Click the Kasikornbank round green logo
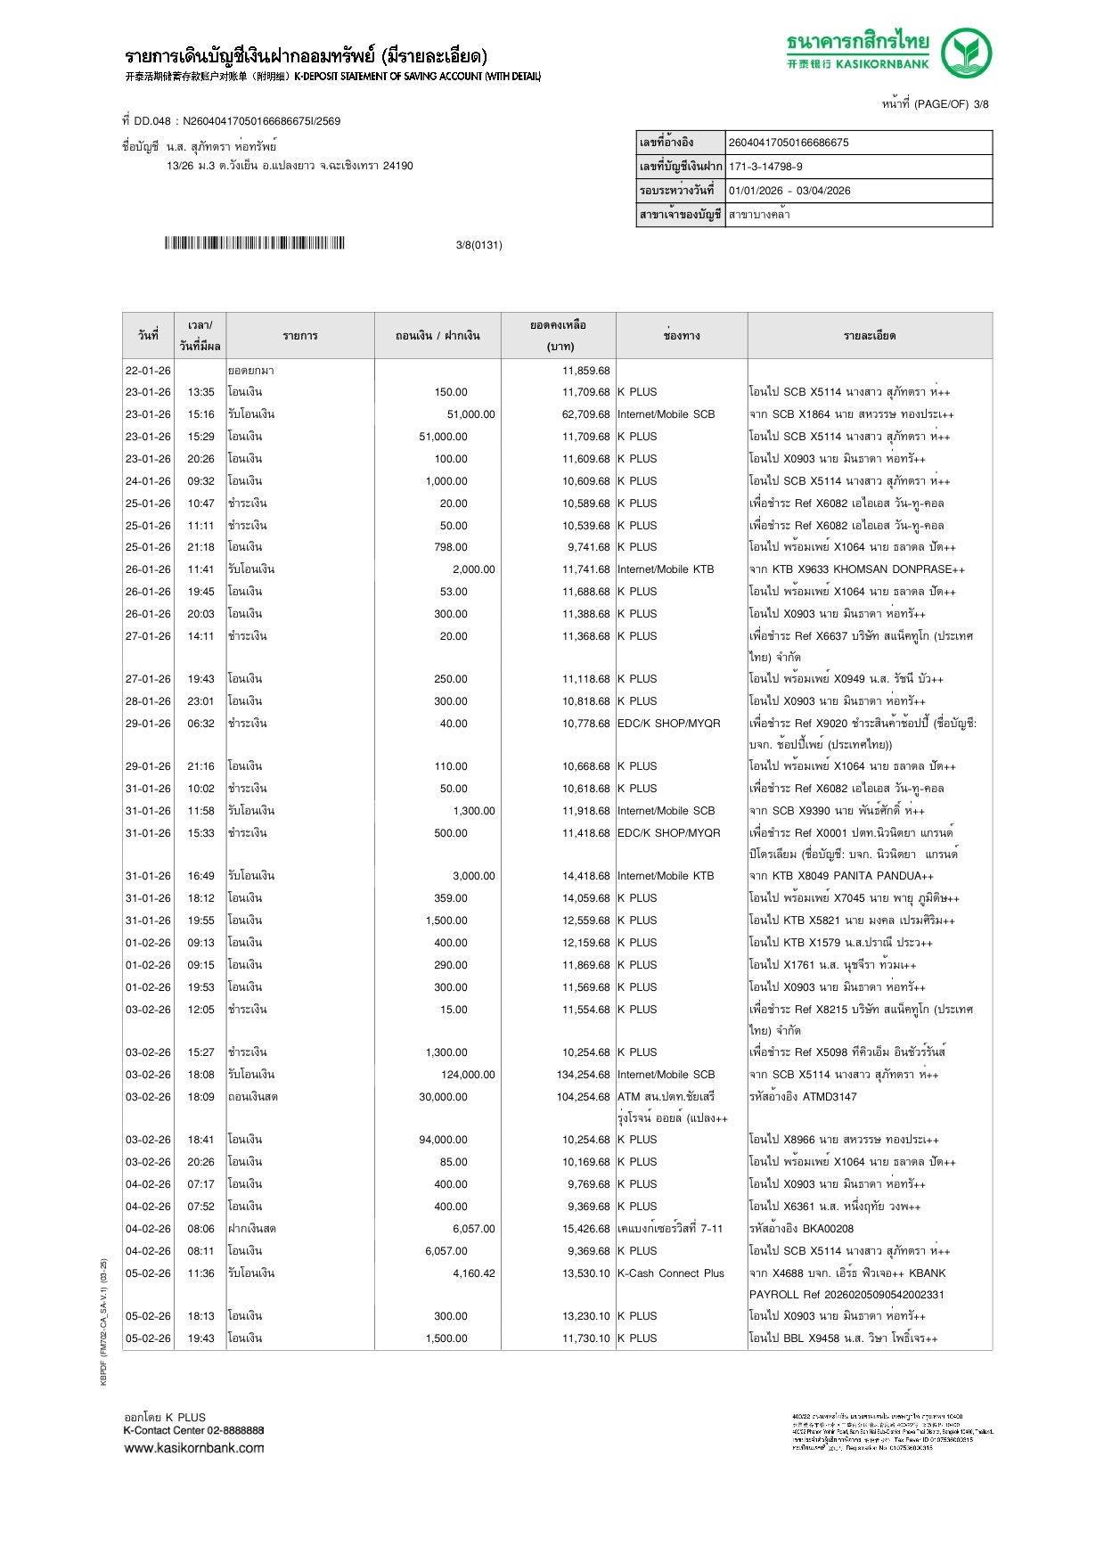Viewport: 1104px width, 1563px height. click(x=967, y=53)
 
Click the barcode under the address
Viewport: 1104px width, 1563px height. click(x=254, y=243)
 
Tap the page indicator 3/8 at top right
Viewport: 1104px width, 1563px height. click(x=980, y=104)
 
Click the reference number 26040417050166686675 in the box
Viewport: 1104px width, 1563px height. click(x=789, y=143)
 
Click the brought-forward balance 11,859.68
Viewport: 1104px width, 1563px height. click(x=585, y=371)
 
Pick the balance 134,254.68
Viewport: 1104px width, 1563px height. click(x=583, y=1075)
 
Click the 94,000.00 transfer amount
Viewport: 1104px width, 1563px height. click(x=443, y=1140)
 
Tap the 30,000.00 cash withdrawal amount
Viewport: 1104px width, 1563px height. click(x=443, y=1097)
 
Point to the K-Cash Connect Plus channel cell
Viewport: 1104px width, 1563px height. click(x=670, y=1273)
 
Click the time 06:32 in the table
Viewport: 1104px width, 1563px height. click(x=200, y=724)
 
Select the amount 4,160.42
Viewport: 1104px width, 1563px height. click(x=473, y=1273)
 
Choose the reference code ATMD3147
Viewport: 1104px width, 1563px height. click(x=830, y=1097)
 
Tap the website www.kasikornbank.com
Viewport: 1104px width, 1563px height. click(x=193, y=1448)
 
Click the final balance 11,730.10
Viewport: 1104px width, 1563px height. click(x=585, y=1338)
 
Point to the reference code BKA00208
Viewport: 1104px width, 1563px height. click(x=830, y=1229)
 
